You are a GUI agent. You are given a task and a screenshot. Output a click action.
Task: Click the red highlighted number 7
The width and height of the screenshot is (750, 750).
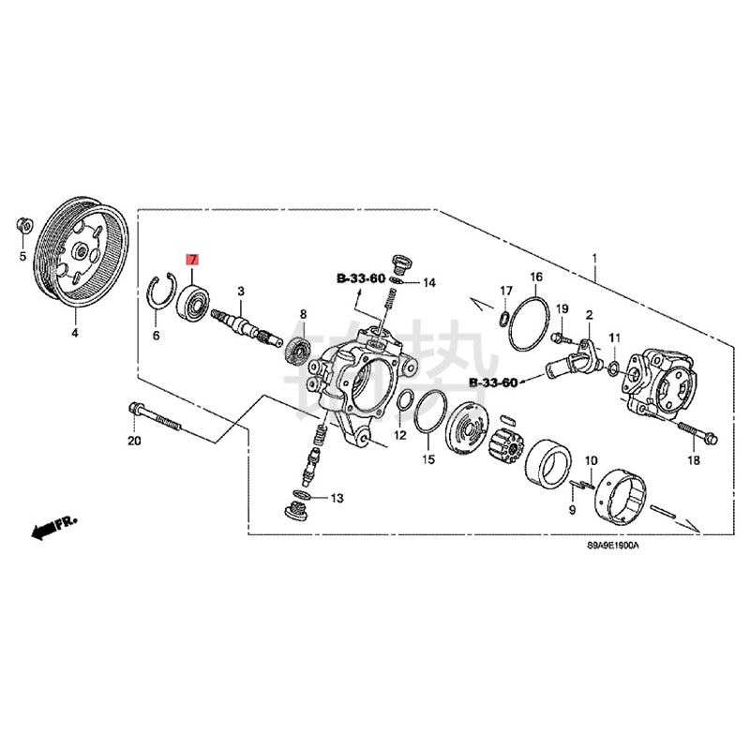coord(192,260)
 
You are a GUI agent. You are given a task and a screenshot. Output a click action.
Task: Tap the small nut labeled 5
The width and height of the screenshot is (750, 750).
coord(24,224)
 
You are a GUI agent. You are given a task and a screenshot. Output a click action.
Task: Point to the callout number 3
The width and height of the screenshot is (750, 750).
coord(241,292)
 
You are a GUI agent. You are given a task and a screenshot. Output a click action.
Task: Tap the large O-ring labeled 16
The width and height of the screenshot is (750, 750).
coord(531,323)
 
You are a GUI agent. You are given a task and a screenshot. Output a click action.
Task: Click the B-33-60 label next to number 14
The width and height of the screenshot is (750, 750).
coord(362,278)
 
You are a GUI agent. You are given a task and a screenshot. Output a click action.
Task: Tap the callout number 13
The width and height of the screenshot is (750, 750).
coord(337,498)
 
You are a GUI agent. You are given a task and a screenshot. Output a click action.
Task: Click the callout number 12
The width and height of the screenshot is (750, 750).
coord(400,435)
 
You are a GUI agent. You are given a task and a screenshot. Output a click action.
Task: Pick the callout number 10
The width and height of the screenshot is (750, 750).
coord(591,460)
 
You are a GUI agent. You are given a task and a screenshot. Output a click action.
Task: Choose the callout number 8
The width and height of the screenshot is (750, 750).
coord(303,314)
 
